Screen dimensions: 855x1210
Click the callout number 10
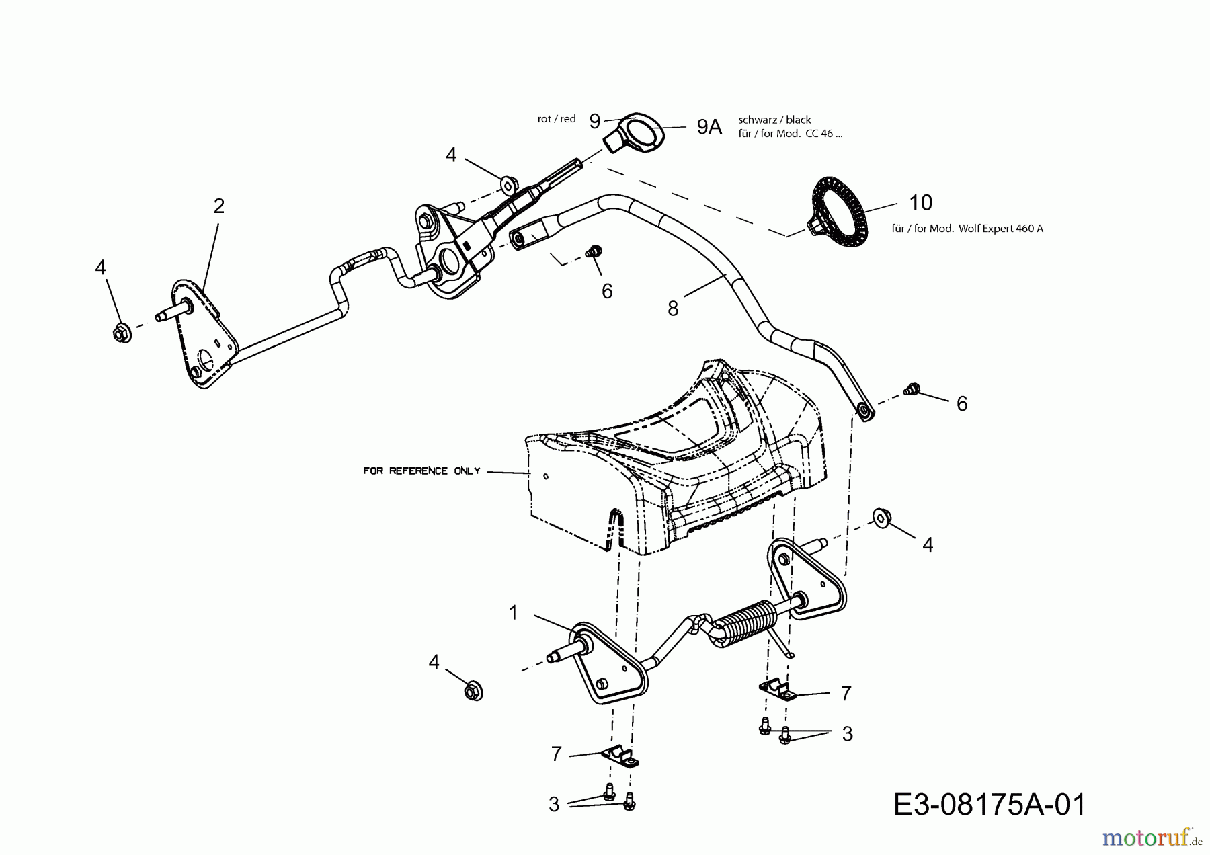(920, 202)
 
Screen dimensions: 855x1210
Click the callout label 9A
(709, 126)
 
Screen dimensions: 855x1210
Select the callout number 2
(218, 206)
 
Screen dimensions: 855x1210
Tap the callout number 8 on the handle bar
(673, 309)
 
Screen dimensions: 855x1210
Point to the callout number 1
(514, 612)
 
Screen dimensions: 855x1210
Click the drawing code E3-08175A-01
(990, 805)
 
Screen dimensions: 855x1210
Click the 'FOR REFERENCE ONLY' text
(421, 471)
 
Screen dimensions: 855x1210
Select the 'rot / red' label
(557, 119)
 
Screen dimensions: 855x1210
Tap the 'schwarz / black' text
(774, 120)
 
